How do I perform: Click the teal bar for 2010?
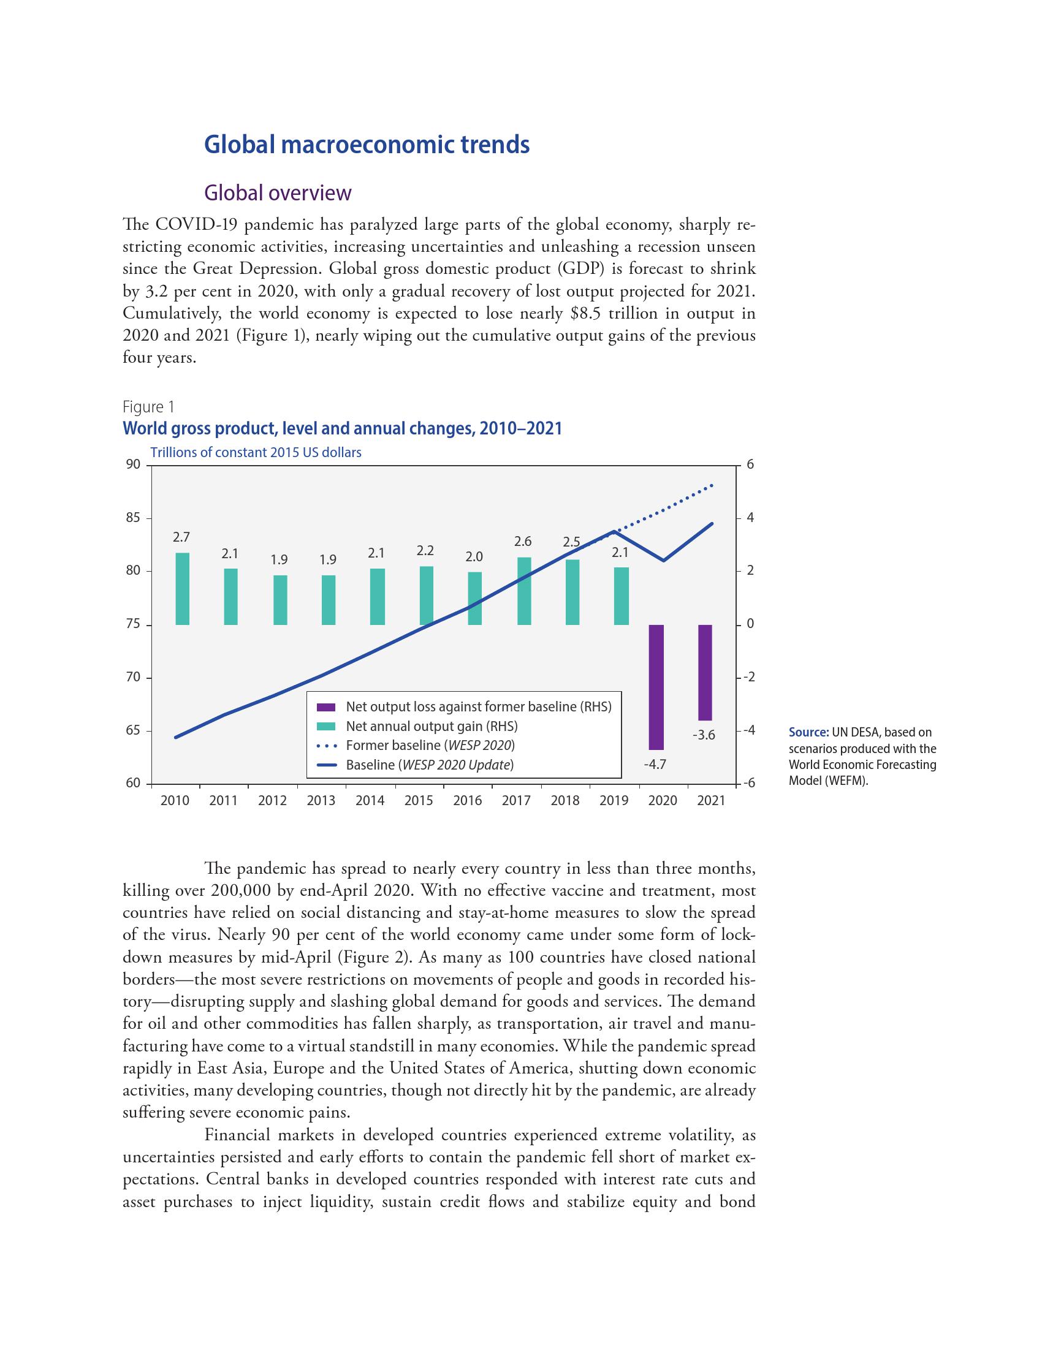[182, 588]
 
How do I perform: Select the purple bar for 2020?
[656, 686]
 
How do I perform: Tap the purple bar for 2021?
[704, 672]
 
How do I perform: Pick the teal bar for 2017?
[524, 591]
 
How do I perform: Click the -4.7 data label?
[655, 764]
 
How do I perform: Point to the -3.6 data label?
[703, 735]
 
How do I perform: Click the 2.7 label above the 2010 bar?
[181, 537]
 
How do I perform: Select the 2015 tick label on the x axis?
[419, 801]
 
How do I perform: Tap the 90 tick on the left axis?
[134, 465]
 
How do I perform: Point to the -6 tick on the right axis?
[750, 783]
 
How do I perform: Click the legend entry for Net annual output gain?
[432, 726]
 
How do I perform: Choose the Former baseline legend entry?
[430, 745]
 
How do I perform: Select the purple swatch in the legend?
[325, 706]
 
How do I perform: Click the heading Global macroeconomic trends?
[367, 145]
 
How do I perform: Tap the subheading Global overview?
[277, 192]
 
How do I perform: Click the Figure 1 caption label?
[148, 407]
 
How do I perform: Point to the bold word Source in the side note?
[808, 733]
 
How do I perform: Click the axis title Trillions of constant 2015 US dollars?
[256, 452]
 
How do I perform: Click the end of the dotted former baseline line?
[712, 485]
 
